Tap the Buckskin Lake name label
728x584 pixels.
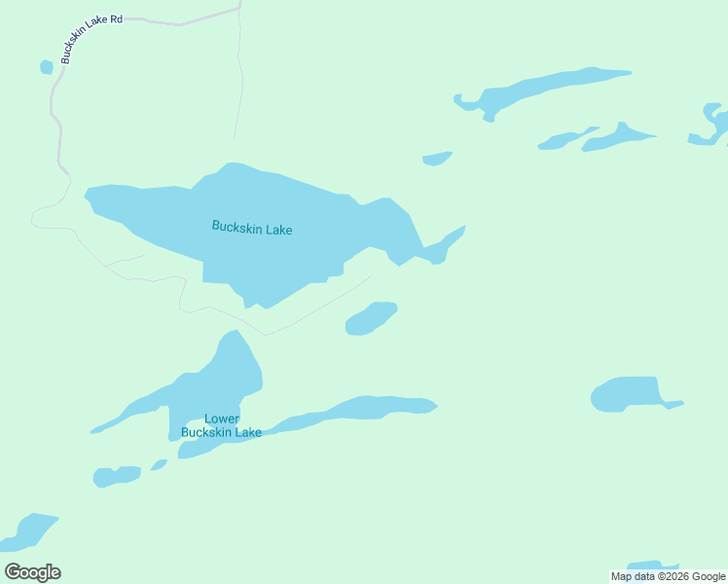click(x=252, y=229)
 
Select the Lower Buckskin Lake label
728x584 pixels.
click(x=221, y=425)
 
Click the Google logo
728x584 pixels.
click(x=32, y=572)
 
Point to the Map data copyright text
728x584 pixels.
click(x=668, y=576)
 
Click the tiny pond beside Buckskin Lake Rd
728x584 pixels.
click(x=46, y=66)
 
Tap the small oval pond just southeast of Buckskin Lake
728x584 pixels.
click(x=371, y=318)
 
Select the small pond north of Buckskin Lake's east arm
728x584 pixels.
click(x=437, y=158)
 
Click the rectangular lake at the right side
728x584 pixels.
click(x=628, y=394)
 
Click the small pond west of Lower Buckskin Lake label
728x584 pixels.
click(x=116, y=476)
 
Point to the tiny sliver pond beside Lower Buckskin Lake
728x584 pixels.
click(x=159, y=464)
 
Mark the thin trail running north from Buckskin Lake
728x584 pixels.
click(x=239, y=78)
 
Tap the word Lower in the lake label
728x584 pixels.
click(x=222, y=419)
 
